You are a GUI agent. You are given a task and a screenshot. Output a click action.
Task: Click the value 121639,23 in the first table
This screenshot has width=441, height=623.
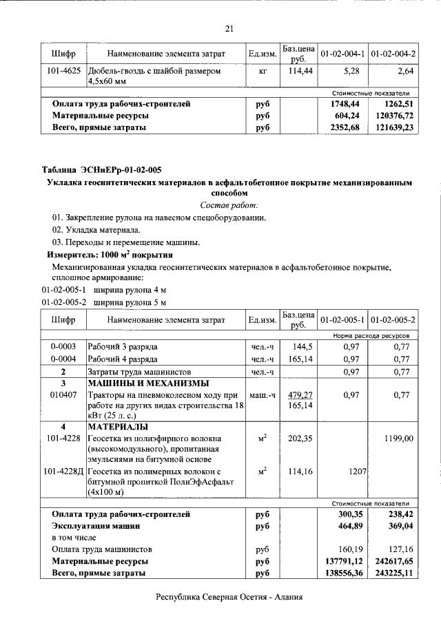(391, 127)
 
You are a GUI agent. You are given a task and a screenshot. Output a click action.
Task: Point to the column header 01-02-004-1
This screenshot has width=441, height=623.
(342, 54)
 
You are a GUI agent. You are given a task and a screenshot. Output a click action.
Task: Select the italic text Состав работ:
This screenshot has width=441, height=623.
(229, 206)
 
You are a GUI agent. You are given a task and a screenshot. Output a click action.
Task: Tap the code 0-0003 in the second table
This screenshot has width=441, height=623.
(63, 346)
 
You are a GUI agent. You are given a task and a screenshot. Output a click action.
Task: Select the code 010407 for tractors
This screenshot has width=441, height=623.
(63, 395)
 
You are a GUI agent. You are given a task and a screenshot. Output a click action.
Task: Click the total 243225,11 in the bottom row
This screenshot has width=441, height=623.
(391, 573)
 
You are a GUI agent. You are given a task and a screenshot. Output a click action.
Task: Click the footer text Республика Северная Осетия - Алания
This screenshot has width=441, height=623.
(229, 598)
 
